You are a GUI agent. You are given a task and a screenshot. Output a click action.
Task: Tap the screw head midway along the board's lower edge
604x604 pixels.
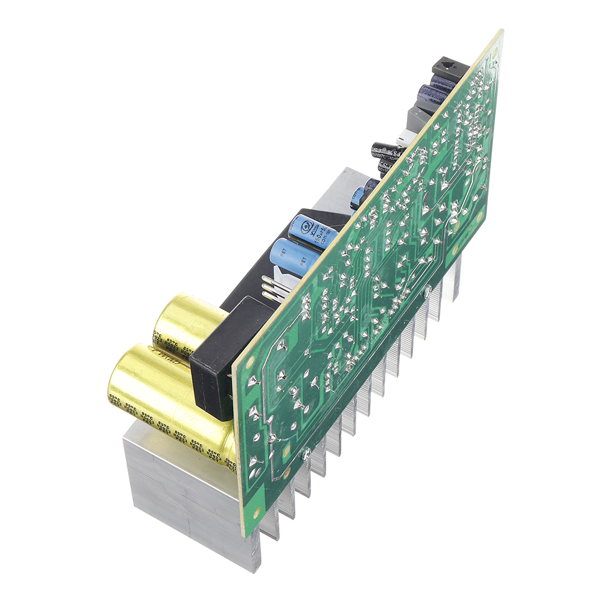coord(427,291)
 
